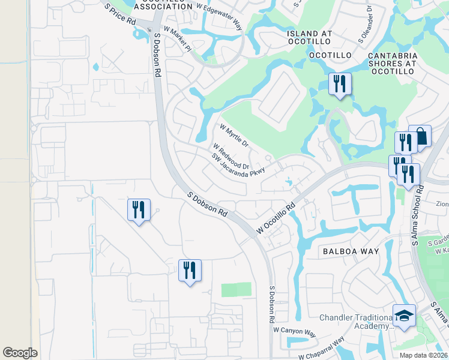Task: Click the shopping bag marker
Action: click(420, 136)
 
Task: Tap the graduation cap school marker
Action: click(404, 316)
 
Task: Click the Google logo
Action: click(20, 353)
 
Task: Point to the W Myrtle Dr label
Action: click(234, 136)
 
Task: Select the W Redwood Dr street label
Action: click(231, 155)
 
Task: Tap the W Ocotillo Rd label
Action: click(277, 218)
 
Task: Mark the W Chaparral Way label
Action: click(321, 348)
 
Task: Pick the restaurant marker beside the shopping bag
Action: click(406, 142)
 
